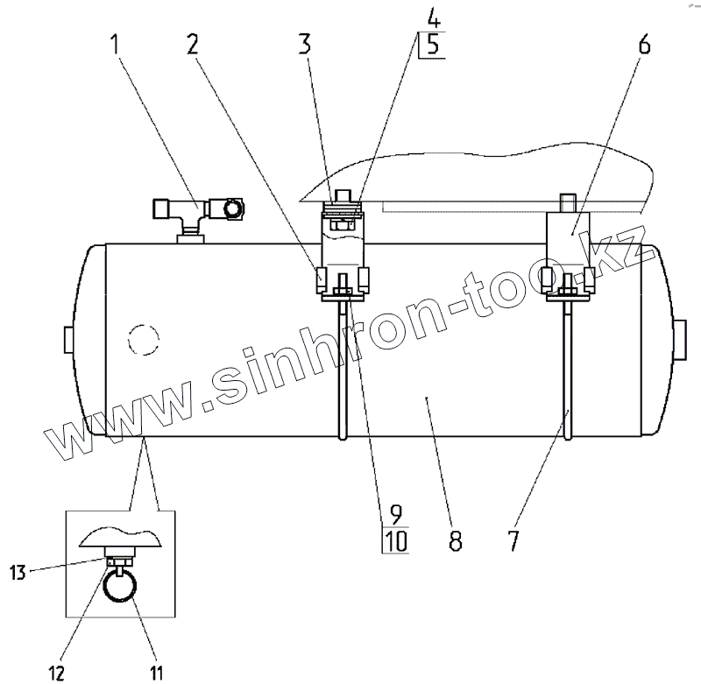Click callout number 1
(x=116, y=45)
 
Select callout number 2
(x=192, y=45)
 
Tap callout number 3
(x=305, y=45)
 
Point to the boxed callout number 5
(x=433, y=46)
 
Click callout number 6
(x=644, y=45)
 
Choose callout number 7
(x=513, y=540)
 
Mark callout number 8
(x=455, y=540)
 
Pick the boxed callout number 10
(x=396, y=541)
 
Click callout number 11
(x=156, y=673)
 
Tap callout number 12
(x=57, y=673)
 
